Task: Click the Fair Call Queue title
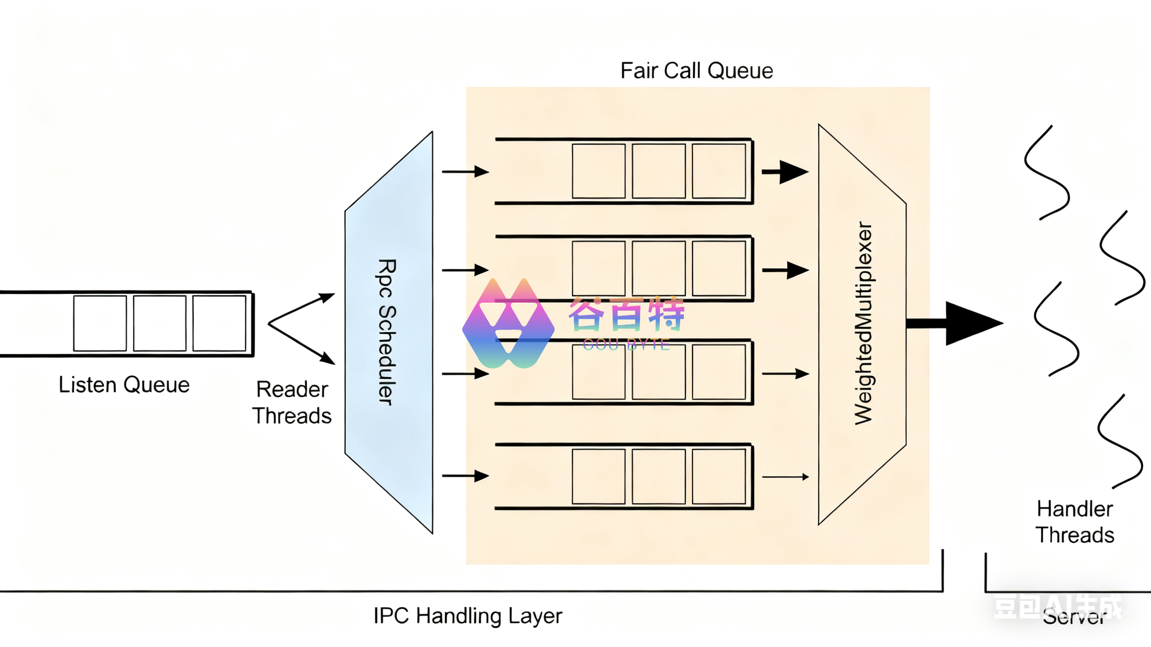pos(697,70)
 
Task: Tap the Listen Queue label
pos(124,385)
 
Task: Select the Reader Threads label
pos(292,402)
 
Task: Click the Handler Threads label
pos(1075,522)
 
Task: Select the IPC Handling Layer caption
pos(468,616)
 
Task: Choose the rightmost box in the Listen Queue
pos(219,323)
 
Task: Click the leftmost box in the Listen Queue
pos(100,323)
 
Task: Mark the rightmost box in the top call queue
pos(718,171)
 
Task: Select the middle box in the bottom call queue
pos(659,476)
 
